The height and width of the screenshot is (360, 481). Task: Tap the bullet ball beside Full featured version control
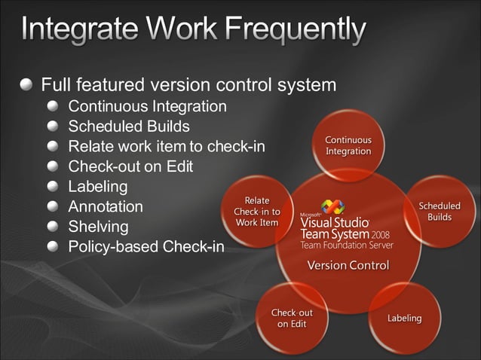tap(28, 84)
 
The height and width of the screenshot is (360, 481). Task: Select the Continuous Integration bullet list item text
tap(147, 105)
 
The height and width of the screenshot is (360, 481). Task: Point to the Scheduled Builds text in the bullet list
tap(129, 126)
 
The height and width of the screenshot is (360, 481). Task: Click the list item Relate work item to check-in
tap(167, 146)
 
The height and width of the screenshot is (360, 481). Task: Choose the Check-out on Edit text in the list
tap(130, 166)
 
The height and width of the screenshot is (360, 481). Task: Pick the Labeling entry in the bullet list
tap(98, 186)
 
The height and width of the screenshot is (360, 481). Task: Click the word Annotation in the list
tap(106, 206)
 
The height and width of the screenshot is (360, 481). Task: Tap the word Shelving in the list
tap(98, 227)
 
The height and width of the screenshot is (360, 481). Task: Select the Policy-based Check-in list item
tap(146, 246)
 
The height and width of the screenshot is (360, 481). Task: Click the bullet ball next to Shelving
tap(53, 226)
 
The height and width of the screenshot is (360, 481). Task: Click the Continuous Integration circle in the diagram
tap(348, 145)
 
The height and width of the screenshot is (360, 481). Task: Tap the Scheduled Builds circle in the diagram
tap(440, 212)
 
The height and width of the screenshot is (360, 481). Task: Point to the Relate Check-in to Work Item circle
tap(257, 212)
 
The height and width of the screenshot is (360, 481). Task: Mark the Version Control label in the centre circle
tap(348, 265)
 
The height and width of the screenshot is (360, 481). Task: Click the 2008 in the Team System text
tap(380, 234)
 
